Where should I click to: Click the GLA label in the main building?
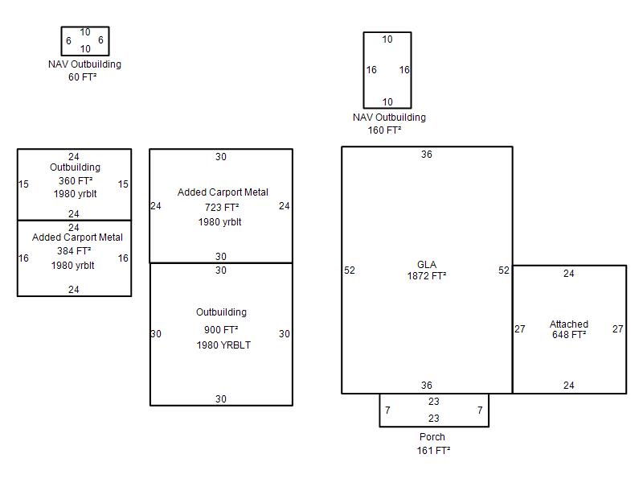point(427,265)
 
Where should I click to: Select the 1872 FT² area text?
point(427,276)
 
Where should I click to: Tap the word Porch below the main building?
point(432,437)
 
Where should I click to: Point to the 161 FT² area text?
point(432,451)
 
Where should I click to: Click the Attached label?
point(569,324)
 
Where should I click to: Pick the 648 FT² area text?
point(569,335)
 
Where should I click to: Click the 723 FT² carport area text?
point(222,208)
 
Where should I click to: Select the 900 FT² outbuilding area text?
point(221,330)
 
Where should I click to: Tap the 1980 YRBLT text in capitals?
point(223,345)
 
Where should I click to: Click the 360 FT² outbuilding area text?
point(75,181)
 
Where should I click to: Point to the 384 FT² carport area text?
point(73,251)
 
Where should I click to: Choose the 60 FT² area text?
point(83,77)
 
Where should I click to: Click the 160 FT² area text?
point(385,130)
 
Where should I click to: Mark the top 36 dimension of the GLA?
point(427,155)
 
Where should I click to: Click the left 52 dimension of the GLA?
point(350,270)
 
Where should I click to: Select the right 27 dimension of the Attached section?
point(618,329)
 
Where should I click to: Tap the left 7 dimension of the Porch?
point(387,411)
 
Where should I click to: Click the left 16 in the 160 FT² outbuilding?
point(371,70)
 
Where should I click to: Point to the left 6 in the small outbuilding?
point(68,40)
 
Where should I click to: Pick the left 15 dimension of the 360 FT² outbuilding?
point(23,184)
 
